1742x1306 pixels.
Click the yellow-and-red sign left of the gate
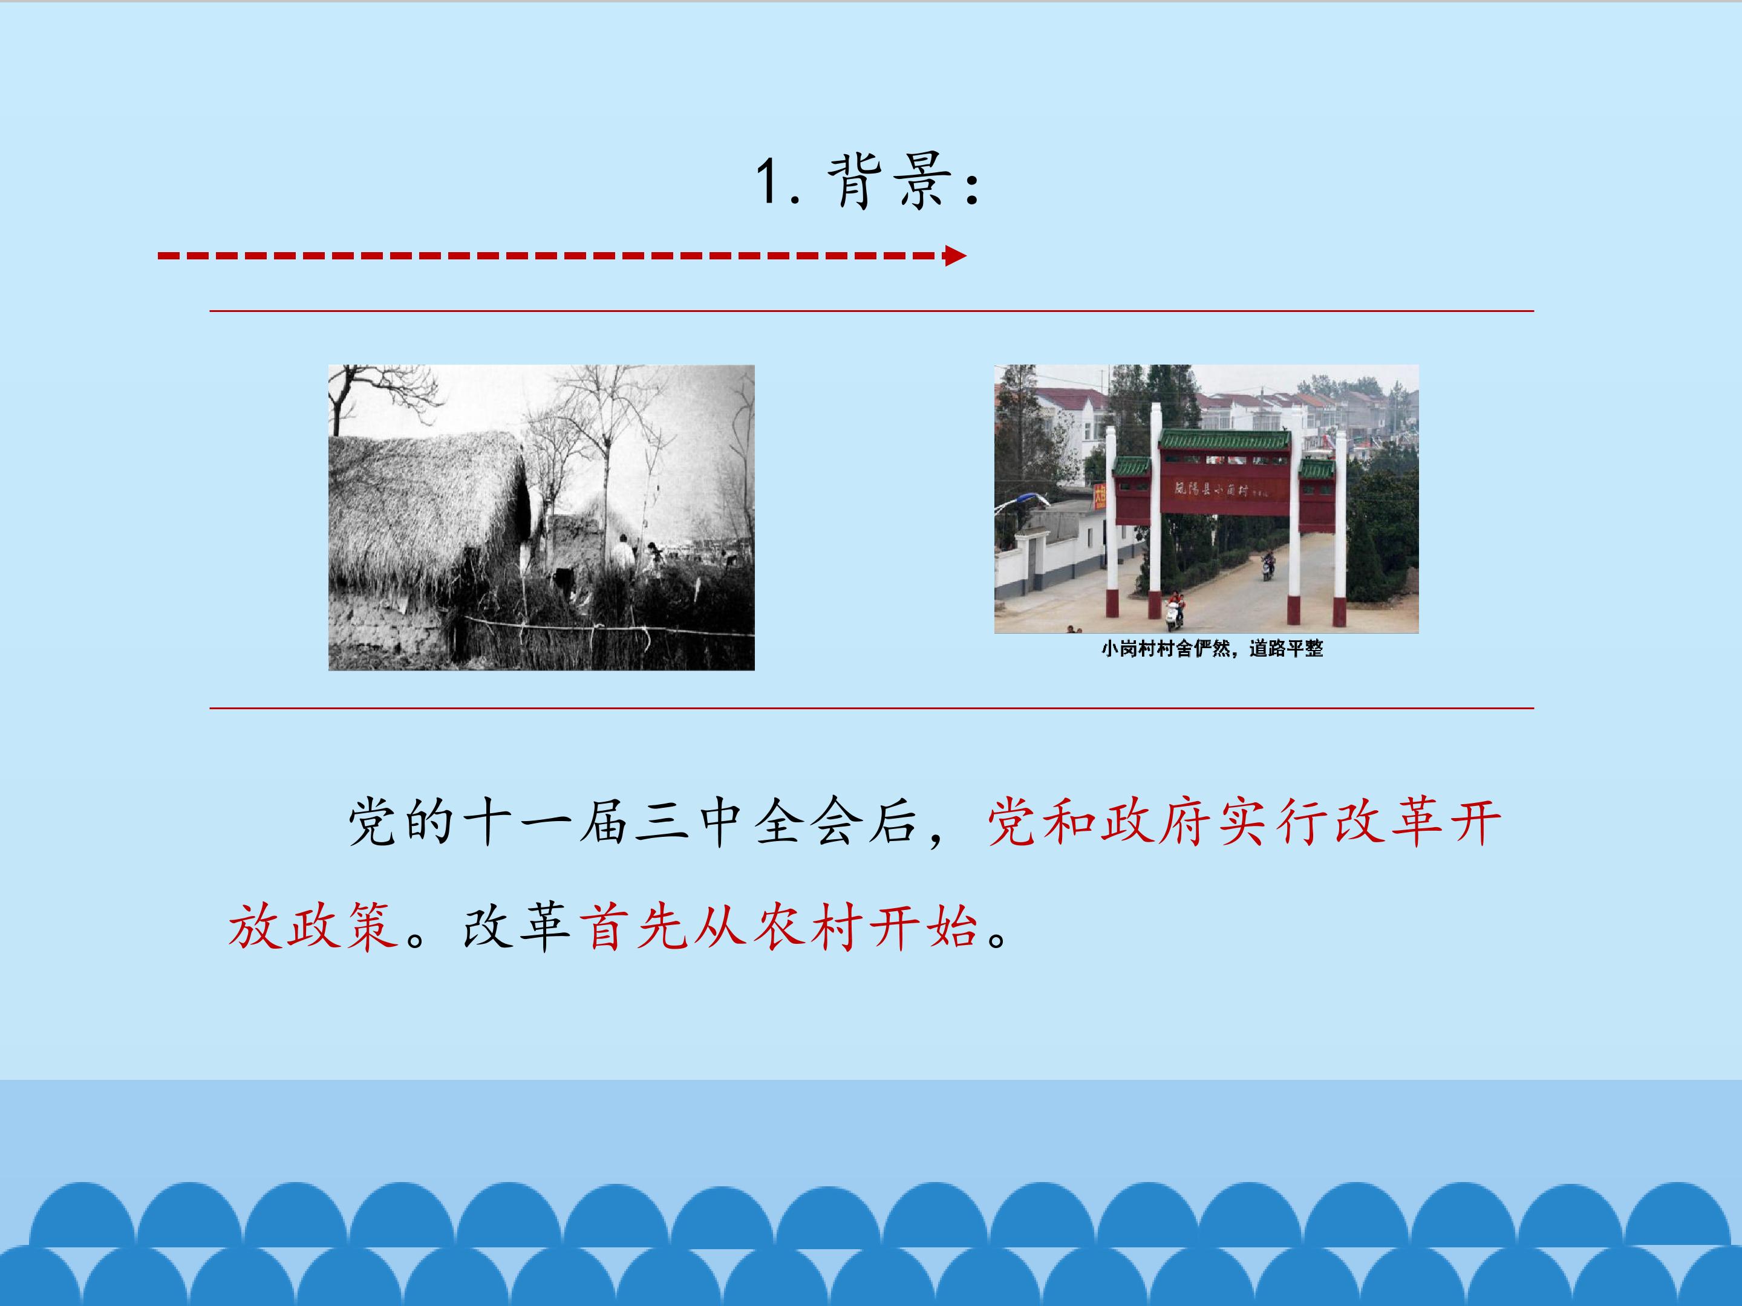pyautogui.click(x=1100, y=497)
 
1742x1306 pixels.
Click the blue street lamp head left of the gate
pyautogui.click(x=1027, y=498)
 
